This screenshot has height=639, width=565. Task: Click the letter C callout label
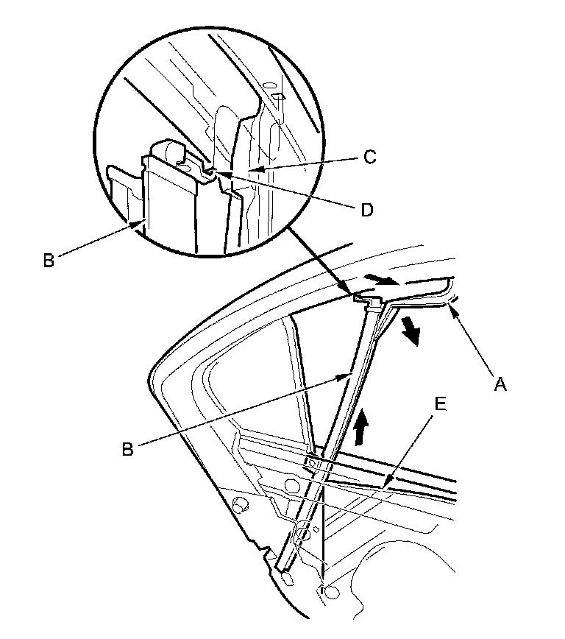pos(370,157)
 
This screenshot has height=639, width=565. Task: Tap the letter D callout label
pos(366,210)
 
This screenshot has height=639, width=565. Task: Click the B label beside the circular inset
pos(48,260)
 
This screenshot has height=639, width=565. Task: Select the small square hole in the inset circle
pos(278,96)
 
